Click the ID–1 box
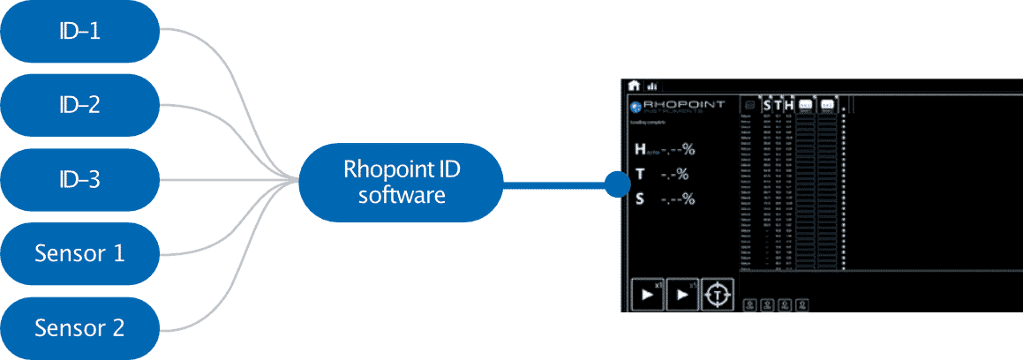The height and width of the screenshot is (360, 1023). coord(79,32)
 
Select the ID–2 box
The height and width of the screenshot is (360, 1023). coord(79,106)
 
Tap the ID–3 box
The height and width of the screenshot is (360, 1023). coord(79,180)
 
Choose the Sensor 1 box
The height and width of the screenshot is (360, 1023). coord(79,254)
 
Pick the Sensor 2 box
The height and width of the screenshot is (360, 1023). coord(79,328)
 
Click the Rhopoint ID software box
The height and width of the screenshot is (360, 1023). coord(402,182)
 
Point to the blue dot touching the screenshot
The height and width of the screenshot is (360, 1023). coord(615,184)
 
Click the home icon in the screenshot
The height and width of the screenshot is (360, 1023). coord(634,86)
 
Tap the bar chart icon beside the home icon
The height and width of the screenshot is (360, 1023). coord(651,86)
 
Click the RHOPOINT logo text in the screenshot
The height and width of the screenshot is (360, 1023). coord(684,104)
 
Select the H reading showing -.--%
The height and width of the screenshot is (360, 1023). coord(665,150)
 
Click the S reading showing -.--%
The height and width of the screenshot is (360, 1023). coord(665,199)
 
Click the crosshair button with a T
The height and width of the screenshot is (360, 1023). coord(718,294)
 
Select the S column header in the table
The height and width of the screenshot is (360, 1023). coord(766,105)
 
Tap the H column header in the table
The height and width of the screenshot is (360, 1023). coord(788,105)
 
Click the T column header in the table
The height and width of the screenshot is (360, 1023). coord(778,105)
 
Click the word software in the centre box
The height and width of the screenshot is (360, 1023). coord(402,194)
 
